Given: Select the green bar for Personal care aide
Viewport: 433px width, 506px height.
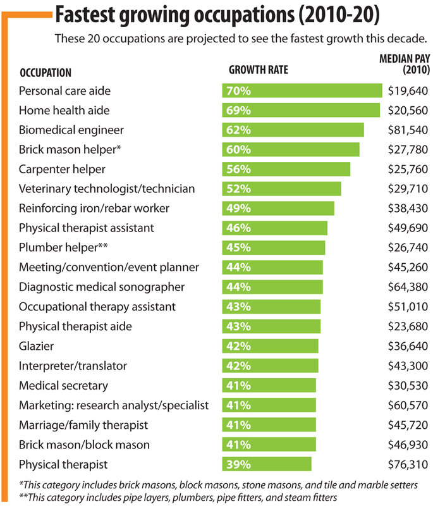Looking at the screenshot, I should [x=302, y=90].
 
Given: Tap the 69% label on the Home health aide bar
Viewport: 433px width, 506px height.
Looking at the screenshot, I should [x=238, y=110].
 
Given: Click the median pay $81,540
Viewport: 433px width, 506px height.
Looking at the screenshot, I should [x=408, y=130].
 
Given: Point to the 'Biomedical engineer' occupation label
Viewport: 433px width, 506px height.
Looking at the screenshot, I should [x=71, y=130].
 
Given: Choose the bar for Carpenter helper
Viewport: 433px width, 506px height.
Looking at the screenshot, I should [x=286, y=170].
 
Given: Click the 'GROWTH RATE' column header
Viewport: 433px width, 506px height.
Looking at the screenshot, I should [x=258, y=70].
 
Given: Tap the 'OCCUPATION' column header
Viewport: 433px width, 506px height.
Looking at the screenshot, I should [x=46, y=73].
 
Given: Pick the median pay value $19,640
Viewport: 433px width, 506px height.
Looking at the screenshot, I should [x=408, y=91].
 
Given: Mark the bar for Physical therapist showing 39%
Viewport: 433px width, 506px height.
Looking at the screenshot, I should [x=267, y=464].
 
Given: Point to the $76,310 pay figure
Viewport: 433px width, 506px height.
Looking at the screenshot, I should [x=408, y=464].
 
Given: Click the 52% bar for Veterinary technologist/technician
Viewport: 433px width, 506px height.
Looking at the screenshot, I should [x=281, y=189].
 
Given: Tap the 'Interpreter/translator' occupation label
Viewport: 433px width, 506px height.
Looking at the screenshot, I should [x=73, y=366].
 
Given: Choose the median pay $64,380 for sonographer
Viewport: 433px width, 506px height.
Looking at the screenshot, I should [x=408, y=287].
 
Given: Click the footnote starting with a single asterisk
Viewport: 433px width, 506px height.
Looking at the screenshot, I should [x=218, y=484].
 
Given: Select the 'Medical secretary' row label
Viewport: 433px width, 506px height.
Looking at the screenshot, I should [x=64, y=385].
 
